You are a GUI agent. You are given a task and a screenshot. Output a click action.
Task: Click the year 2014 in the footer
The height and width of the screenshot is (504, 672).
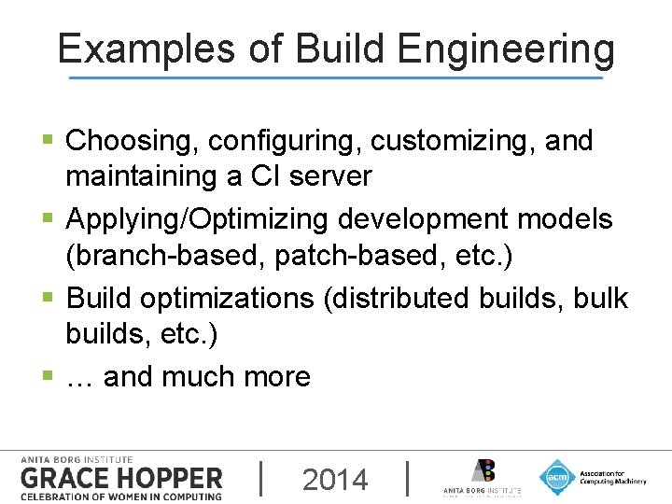point(336,480)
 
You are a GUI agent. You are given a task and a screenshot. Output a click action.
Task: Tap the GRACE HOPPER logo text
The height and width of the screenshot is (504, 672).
point(121,479)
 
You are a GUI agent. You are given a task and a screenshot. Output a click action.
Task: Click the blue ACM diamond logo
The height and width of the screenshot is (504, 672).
point(557,478)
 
